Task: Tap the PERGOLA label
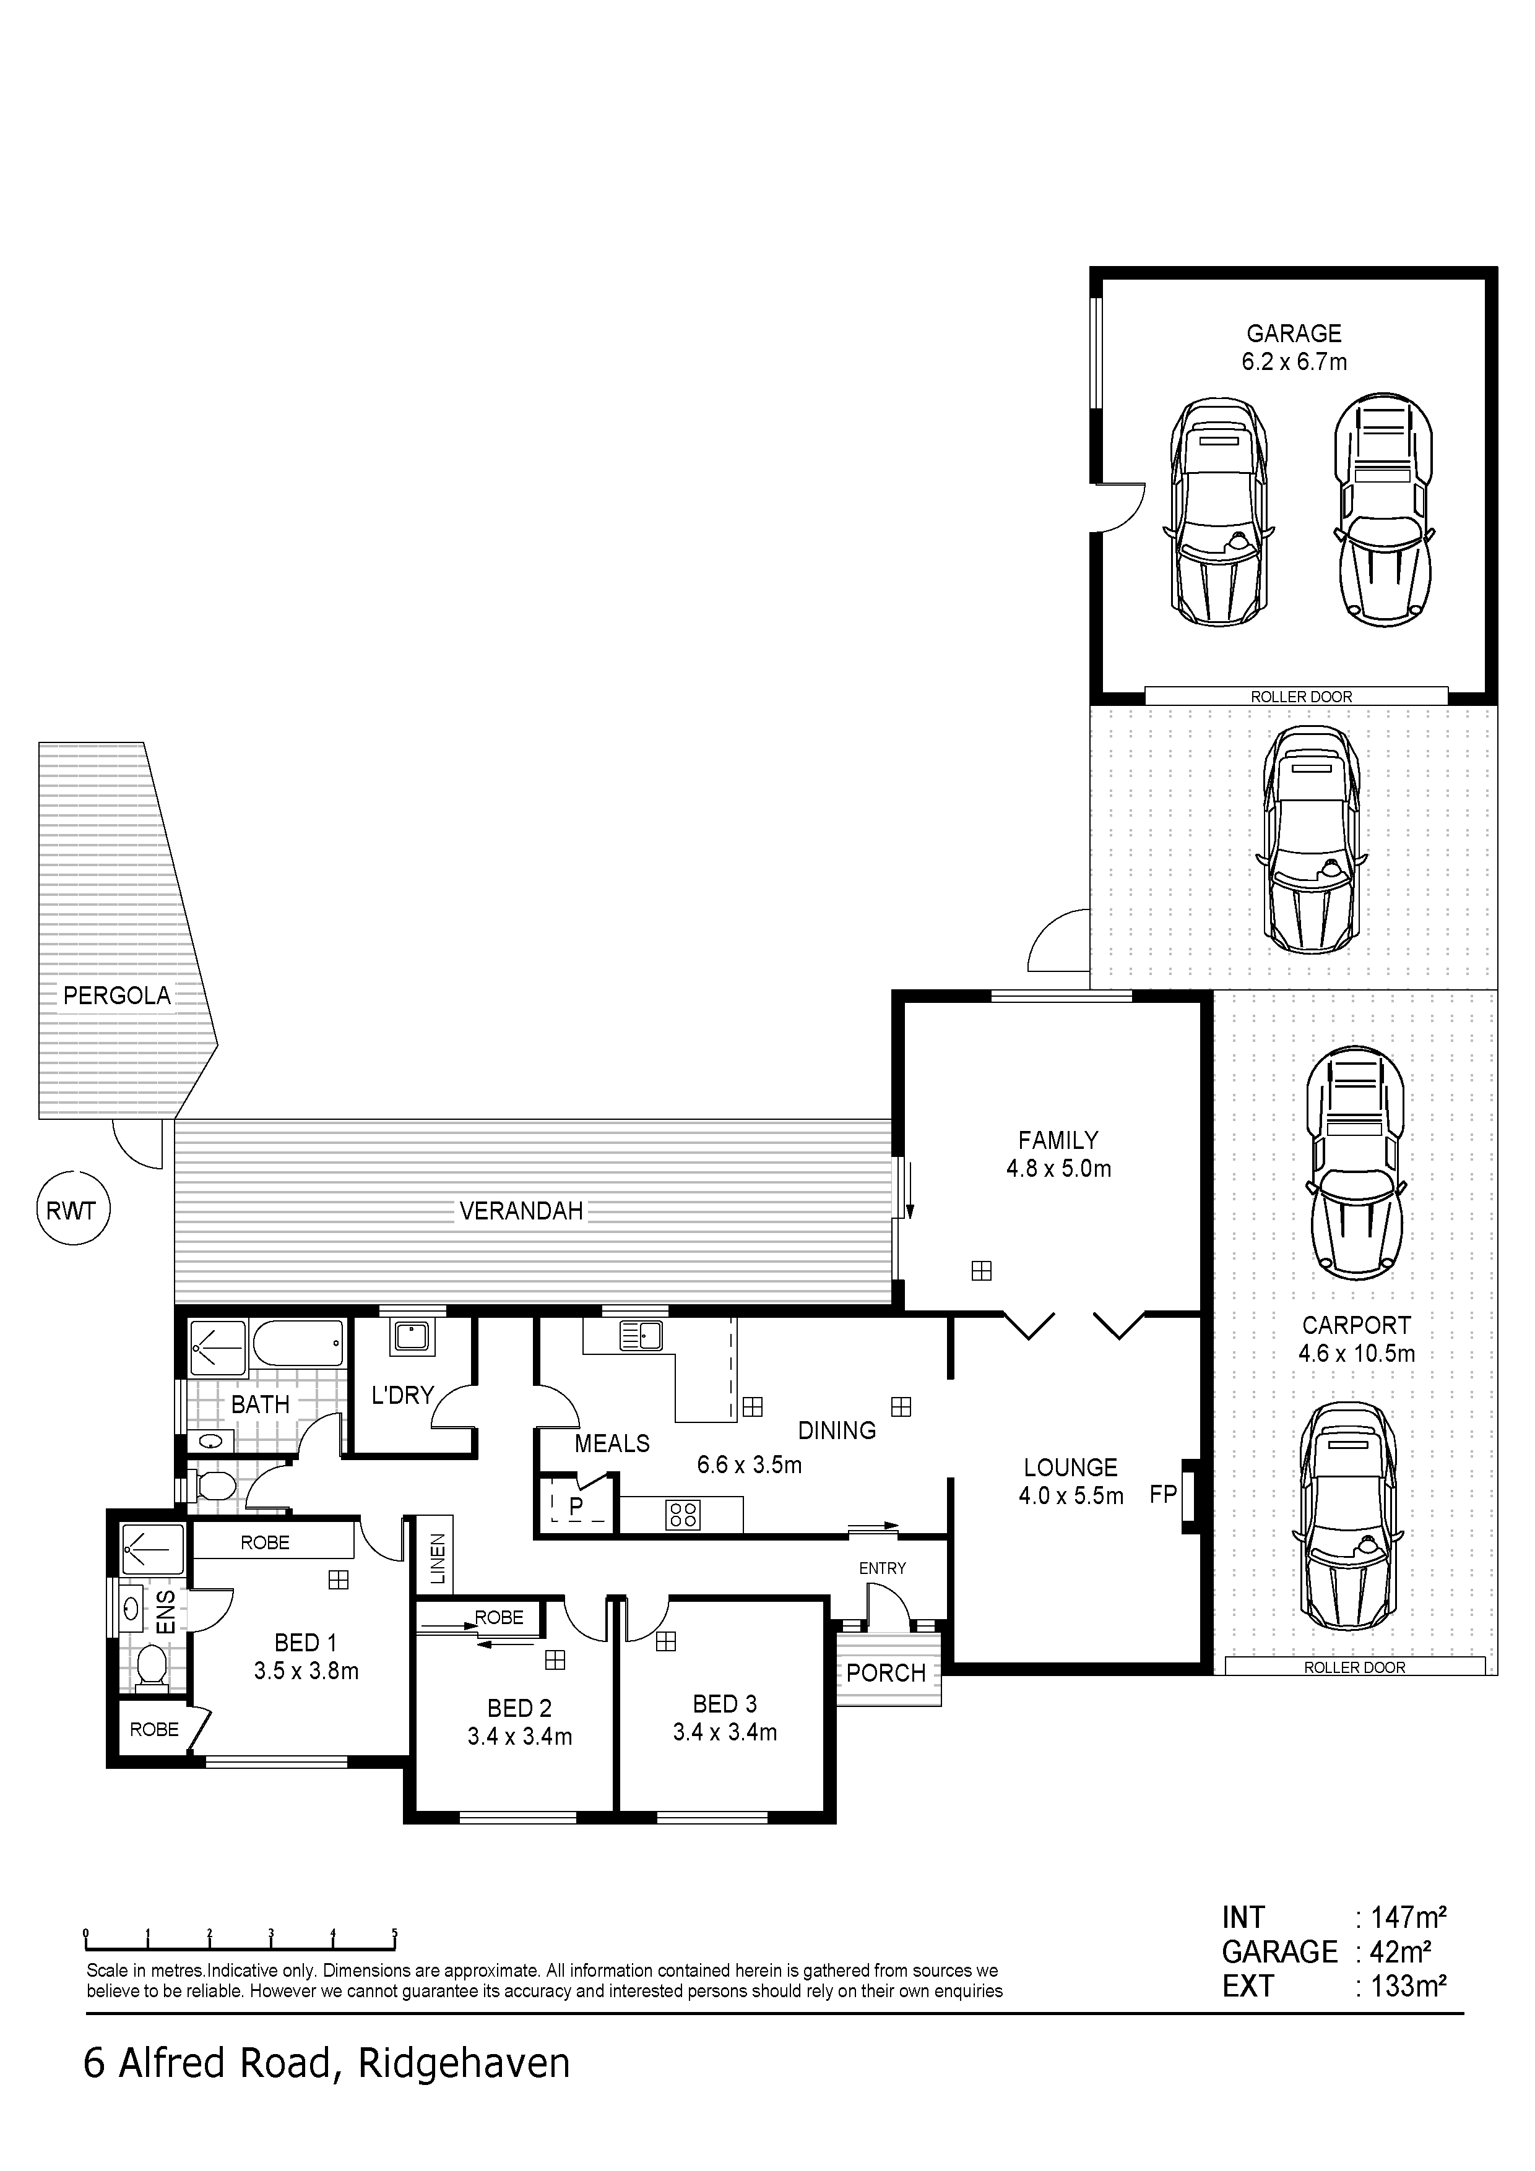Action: [x=117, y=995]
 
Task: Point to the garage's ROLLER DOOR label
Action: [x=1302, y=697]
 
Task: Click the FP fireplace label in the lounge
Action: [x=1162, y=1494]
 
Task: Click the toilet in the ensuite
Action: [x=151, y=1666]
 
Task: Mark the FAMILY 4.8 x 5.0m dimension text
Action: [x=1058, y=1169]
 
